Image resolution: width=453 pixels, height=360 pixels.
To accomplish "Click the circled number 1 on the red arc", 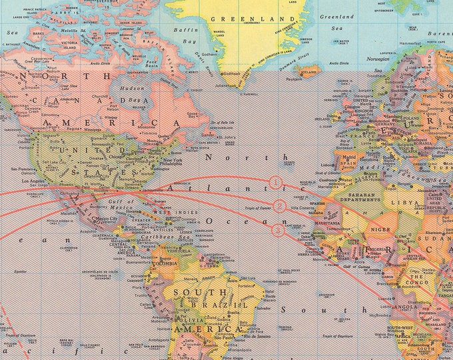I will [x=276, y=181].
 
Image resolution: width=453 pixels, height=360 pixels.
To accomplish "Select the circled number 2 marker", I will [x=280, y=206].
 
